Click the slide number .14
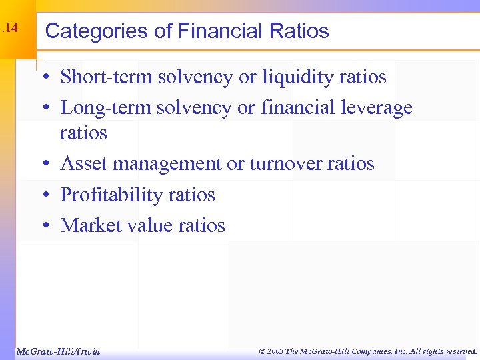click(x=9, y=29)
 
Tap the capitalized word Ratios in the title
click(x=299, y=31)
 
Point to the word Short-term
click(x=106, y=77)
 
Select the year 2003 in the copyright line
click(x=275, y=351)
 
